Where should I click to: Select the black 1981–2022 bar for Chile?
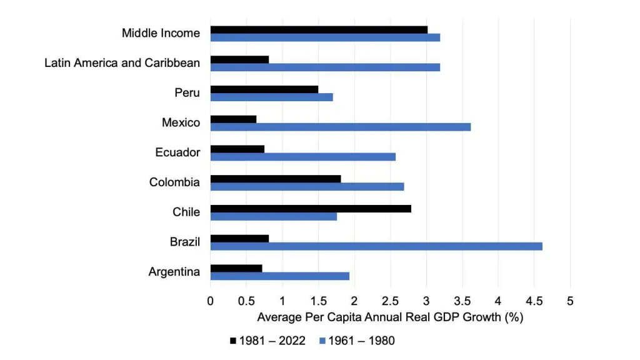[x=311, y=209]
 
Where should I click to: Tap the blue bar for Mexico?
[x=340, y=127]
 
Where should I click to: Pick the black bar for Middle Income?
[x=319, y=29]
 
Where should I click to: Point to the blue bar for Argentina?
[x=279, y=276]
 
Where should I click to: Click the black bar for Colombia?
[x=276, y=179]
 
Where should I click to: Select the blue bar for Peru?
[x=271, y=97]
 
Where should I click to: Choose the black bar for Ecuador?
[x=237, y=149]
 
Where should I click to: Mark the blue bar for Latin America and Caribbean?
[x=325, y=67]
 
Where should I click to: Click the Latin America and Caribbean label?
[x=122, y=63]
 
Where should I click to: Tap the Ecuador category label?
[x=178, y=152]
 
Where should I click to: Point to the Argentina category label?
[x=174, y=272]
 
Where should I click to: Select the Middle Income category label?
[x=161, y=33]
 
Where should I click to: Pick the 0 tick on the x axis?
[x=211, y=301]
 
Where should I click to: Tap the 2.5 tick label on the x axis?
[x=391, y=301]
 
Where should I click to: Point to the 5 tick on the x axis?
[x=570, y=301]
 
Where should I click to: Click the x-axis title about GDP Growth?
[x=390, y=317]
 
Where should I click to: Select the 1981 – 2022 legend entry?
[x=268, y=341]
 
